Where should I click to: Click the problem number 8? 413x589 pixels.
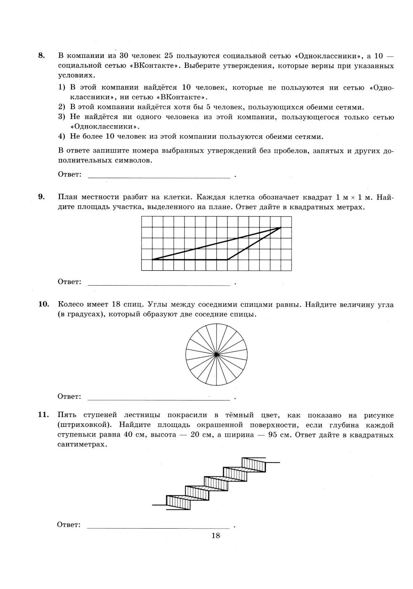pyautogui.click(x=41, y=56)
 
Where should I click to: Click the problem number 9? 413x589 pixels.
pyautogui.click(x=41, y=197)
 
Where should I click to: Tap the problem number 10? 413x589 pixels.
pyautogui.click(x=44, y=305)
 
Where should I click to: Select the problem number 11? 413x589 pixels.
pyautogui.click(x=44, y=415)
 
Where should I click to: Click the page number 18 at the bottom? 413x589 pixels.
pyautogui.click(x=216, y=536)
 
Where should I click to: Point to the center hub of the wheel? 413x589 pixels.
pyautogui.click(x=216, y=354)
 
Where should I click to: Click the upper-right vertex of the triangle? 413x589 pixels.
pyautogui.click(x=280, y=227)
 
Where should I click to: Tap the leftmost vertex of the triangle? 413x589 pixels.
pyautogui.click(x=152, y=260)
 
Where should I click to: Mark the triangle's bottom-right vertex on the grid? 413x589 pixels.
pyautogui.click(x=227, y=260)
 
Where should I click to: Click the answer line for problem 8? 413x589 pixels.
pyautogui.click(x=159, y=177)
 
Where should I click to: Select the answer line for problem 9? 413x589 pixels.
pyautogui.click(x=159, y=284)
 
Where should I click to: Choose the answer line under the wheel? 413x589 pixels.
pyautogui.click(x=159, y=399)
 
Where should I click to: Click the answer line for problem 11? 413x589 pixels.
pyautogui.click(x=159, y=527)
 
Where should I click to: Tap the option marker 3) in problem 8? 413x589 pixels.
pyautogui.click(x=62, y=117)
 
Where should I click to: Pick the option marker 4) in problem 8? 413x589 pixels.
pyautogui.click(x=62, y=137)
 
